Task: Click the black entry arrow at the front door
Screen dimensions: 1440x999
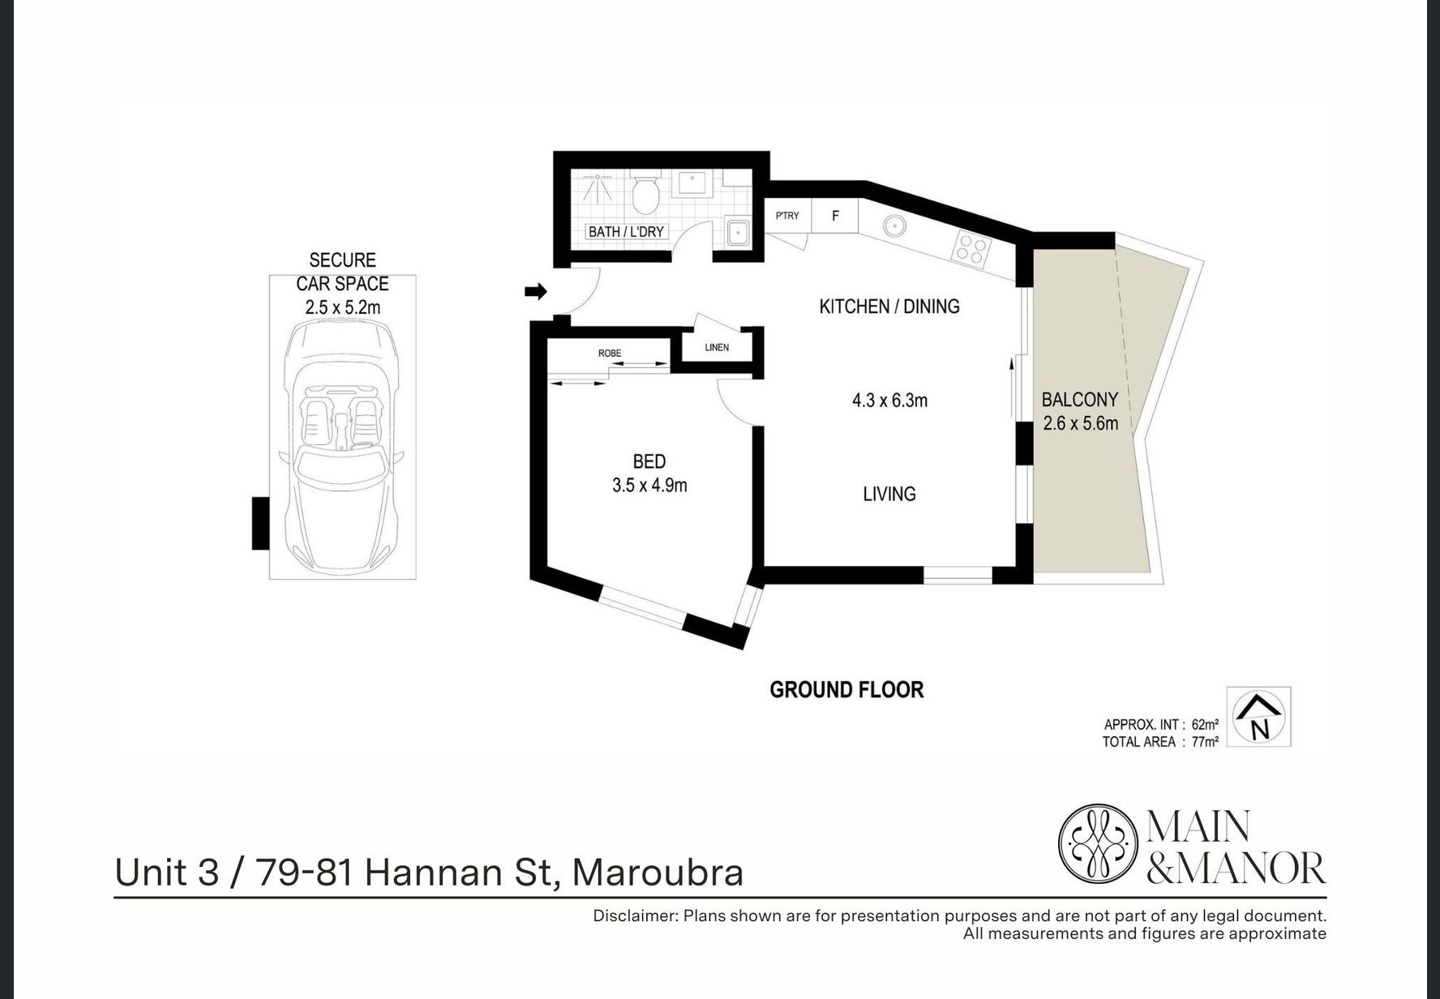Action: point(536,292)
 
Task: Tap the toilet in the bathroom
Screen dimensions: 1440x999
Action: point(645,192)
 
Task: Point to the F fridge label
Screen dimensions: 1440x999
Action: point(835,216)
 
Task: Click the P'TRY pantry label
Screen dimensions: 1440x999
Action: point(787,216)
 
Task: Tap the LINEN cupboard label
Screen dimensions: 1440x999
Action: point(717,348)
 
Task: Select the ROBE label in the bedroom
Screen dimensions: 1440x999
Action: point(610,354)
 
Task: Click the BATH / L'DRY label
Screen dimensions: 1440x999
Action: point(626,232)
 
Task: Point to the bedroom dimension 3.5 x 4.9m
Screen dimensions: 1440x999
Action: point(649,486)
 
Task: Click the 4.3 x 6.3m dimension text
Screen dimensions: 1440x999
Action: point(889,400)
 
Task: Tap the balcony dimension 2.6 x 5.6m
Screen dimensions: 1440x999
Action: point(1080,422)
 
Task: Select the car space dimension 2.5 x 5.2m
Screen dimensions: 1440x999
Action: point(342,307)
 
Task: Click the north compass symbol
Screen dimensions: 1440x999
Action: point(1258,718)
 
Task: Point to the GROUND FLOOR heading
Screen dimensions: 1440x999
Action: point(846,690)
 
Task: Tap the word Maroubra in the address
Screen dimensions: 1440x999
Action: point(658,873)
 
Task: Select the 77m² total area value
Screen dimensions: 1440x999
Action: point(1205,741)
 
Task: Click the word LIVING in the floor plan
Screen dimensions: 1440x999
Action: point(889,494)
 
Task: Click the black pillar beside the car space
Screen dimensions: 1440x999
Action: point(260,523)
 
